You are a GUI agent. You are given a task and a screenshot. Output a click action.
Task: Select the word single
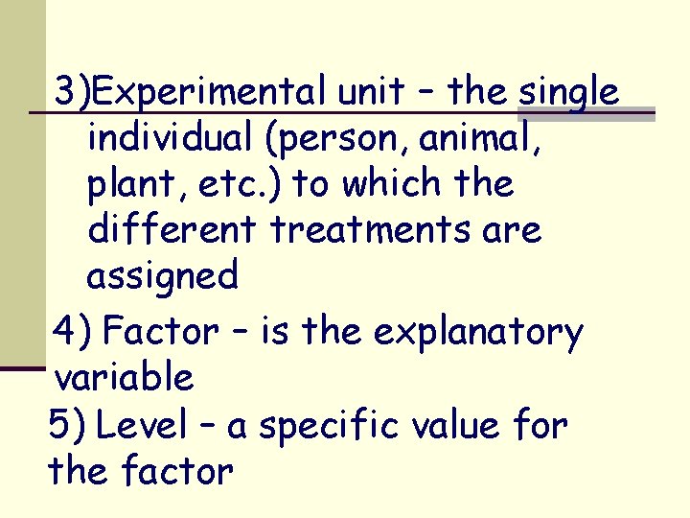pos(568,93)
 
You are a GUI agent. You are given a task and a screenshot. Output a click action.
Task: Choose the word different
pos(173,230)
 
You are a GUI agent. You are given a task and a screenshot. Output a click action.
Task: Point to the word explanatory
pos(477,333)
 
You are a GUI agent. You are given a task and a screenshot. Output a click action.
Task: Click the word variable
pos(125,378)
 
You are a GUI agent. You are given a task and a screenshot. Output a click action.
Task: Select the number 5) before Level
pos(66,425)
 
